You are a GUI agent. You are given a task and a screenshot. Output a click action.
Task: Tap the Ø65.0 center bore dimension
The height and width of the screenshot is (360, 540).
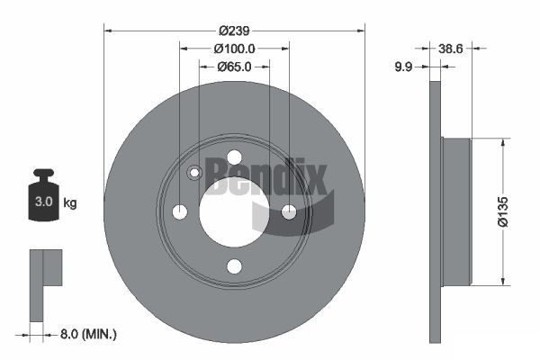point(234,66)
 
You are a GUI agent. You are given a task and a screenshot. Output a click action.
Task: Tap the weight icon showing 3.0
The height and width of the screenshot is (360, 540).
point(42,197)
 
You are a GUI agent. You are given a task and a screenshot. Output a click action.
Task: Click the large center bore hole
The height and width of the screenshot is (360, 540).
point(234,211)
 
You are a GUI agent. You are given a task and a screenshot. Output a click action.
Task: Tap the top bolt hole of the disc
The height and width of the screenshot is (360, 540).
point(234,157)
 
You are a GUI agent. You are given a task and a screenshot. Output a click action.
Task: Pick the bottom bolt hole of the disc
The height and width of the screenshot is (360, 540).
point(234,266)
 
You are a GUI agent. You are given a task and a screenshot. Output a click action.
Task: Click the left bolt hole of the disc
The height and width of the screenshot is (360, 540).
point(179,211)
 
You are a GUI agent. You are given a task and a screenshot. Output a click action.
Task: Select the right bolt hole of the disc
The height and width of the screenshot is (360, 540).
point(289,211)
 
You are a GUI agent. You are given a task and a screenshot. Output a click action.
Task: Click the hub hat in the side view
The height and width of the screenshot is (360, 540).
point(456,212)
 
